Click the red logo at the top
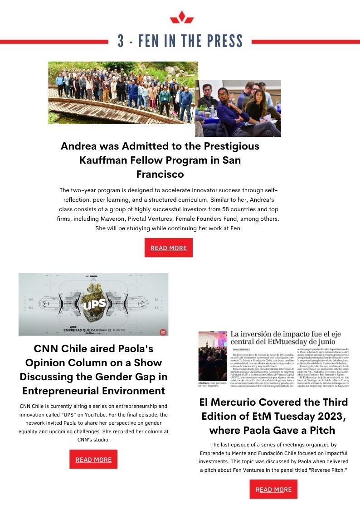182,17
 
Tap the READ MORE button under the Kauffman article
169,248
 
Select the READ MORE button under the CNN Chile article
93,459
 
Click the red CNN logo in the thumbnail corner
163,332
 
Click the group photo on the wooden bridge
123,92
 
